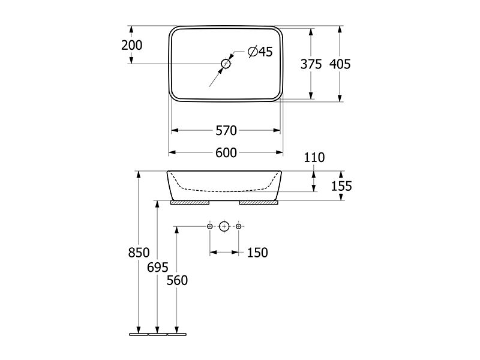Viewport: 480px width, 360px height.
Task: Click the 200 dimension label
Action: [131, 46]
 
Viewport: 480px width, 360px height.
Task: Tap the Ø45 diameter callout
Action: [260, 52]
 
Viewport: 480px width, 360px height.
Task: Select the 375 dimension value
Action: [311, 64]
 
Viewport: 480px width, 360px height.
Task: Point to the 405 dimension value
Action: [340, 64]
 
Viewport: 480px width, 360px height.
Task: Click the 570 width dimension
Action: [226, 131]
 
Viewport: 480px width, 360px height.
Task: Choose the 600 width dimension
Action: [226, 153]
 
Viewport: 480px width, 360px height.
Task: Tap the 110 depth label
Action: [314, 158]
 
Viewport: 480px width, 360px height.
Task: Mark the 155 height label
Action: [341, 186]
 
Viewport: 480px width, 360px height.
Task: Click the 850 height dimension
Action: [139, 253]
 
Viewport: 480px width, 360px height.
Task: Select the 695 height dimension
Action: [158, 268]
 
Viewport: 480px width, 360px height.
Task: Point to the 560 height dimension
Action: [177, 280]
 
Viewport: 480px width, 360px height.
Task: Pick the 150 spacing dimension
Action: [257, 253]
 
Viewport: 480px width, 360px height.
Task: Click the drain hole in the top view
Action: [226, 64]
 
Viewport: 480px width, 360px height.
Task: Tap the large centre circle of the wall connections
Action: [224, 227]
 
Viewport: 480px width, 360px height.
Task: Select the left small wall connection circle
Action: [209, 227]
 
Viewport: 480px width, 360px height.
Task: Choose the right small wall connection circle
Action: [239, 227]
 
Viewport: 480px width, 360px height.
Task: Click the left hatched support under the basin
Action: [190, 203]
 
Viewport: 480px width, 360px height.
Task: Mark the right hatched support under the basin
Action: [259, 203]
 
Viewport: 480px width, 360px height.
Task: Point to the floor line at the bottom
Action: [158, 334]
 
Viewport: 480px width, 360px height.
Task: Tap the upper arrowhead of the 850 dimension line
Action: [139, 175]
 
